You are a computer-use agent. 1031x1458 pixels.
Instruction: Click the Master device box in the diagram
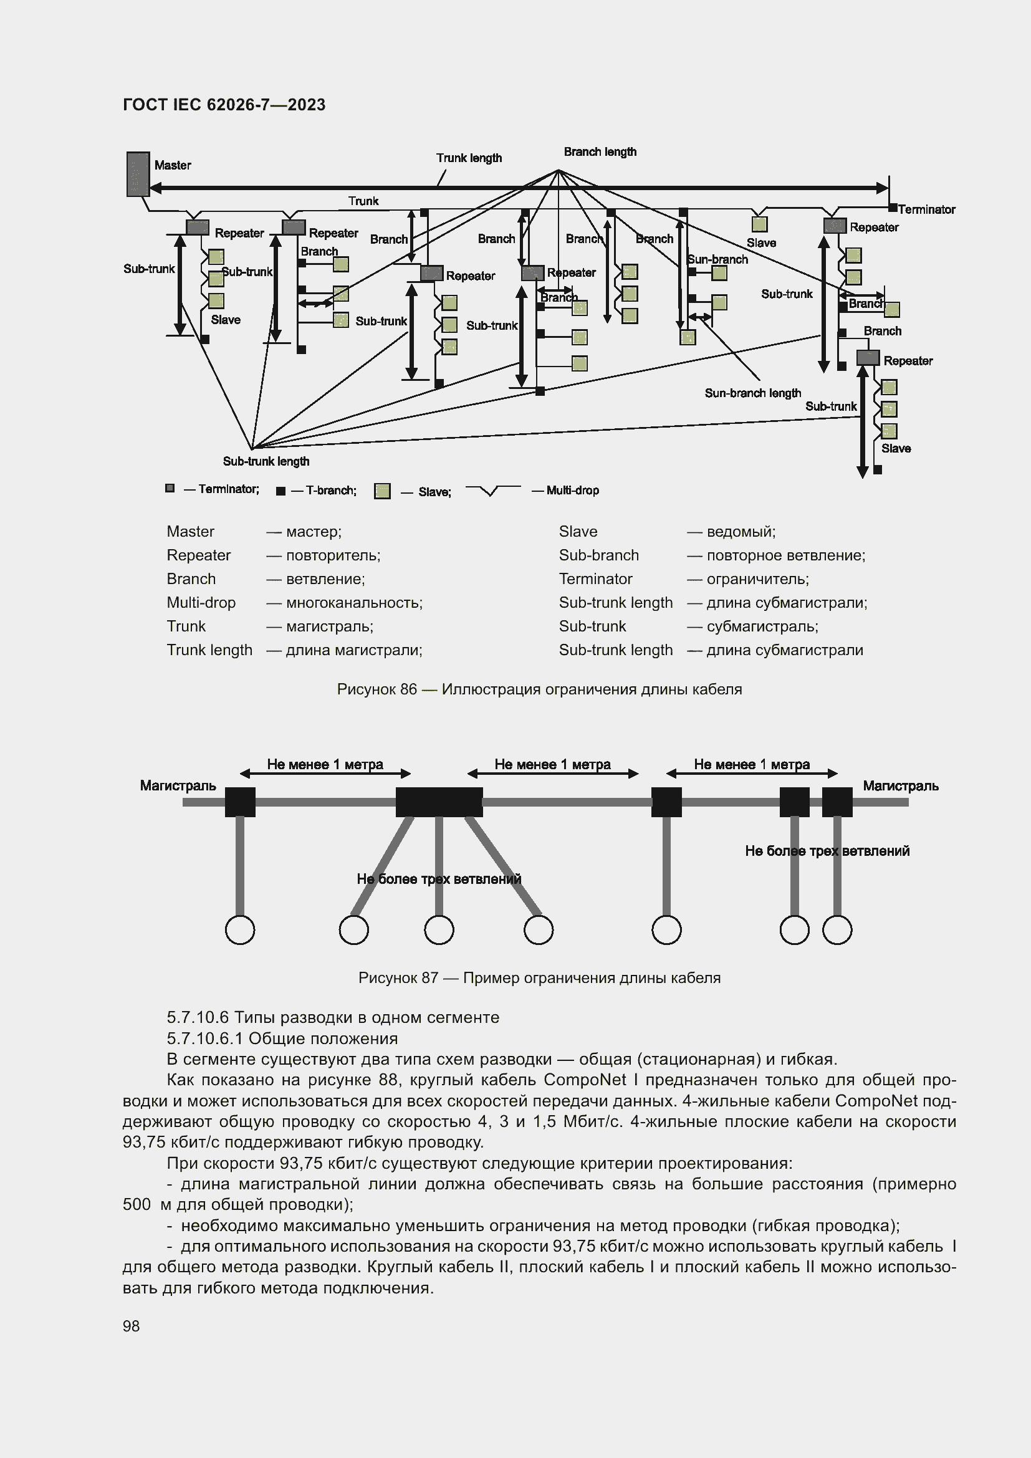(138, 173)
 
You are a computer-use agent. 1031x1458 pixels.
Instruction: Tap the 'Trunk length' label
(469, 158)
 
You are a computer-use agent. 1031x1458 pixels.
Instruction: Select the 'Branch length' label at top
(599, 151)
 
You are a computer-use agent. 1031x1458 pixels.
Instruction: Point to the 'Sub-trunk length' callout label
(266, 462)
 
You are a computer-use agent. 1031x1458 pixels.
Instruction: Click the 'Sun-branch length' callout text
(752, 393)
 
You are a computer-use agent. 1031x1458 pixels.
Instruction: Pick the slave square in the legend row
(382, 491)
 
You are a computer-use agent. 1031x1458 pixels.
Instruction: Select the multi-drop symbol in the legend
(492, 489)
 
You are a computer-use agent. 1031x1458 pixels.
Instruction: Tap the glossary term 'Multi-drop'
(201, 603)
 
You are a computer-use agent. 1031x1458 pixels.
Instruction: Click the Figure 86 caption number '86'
(408, 689)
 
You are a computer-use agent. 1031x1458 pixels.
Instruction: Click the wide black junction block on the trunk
(439, 802)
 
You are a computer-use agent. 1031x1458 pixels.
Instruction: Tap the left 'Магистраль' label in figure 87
(178, 786)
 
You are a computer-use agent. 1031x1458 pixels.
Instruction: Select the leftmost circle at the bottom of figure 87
(240, 929)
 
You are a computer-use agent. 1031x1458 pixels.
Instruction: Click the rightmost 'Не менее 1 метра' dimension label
(751, 764)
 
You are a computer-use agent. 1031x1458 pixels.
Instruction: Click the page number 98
(131, 1326)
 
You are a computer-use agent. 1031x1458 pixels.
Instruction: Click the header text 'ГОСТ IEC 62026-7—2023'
(224, 105)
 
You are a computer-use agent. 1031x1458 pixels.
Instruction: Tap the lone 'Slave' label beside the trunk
(760, 242)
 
